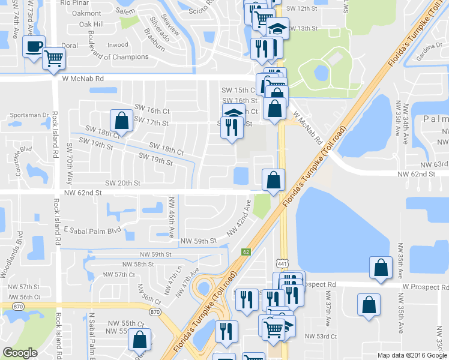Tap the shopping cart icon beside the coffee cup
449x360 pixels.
click(x=53, y=58)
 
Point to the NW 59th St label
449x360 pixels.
click(x=197, y=241)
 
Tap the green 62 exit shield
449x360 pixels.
click(x=246, y=252)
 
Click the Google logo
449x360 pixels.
click(x=20, y=352)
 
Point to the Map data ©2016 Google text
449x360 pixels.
click(x=412, y=355)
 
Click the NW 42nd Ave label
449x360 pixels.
click(x=238, y=222)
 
